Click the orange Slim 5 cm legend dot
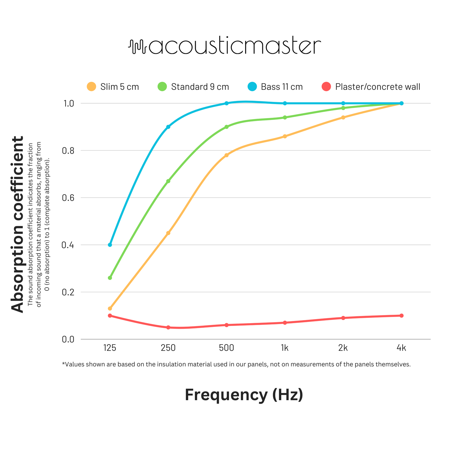coord(91,87)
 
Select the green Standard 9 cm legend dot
coord(162,87)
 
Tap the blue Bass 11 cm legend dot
coord(252,87)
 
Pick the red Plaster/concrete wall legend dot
coord(326,87)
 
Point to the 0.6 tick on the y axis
coord(68,198)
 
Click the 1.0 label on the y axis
coord(68,103)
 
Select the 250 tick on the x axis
coord(168,348)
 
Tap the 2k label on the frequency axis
coord(343,348)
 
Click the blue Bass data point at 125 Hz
coord(110,245)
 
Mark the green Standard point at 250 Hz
coord(168,181)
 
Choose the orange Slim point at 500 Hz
coord(227,155)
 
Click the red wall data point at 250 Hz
coord(168,327)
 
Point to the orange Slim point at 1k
coord(285,136)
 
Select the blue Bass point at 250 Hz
coord(168,127)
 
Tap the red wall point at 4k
coord(401,316)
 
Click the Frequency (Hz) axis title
coord(244,395)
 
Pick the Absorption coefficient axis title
coord(17,224)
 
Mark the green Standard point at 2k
coord(343,108)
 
